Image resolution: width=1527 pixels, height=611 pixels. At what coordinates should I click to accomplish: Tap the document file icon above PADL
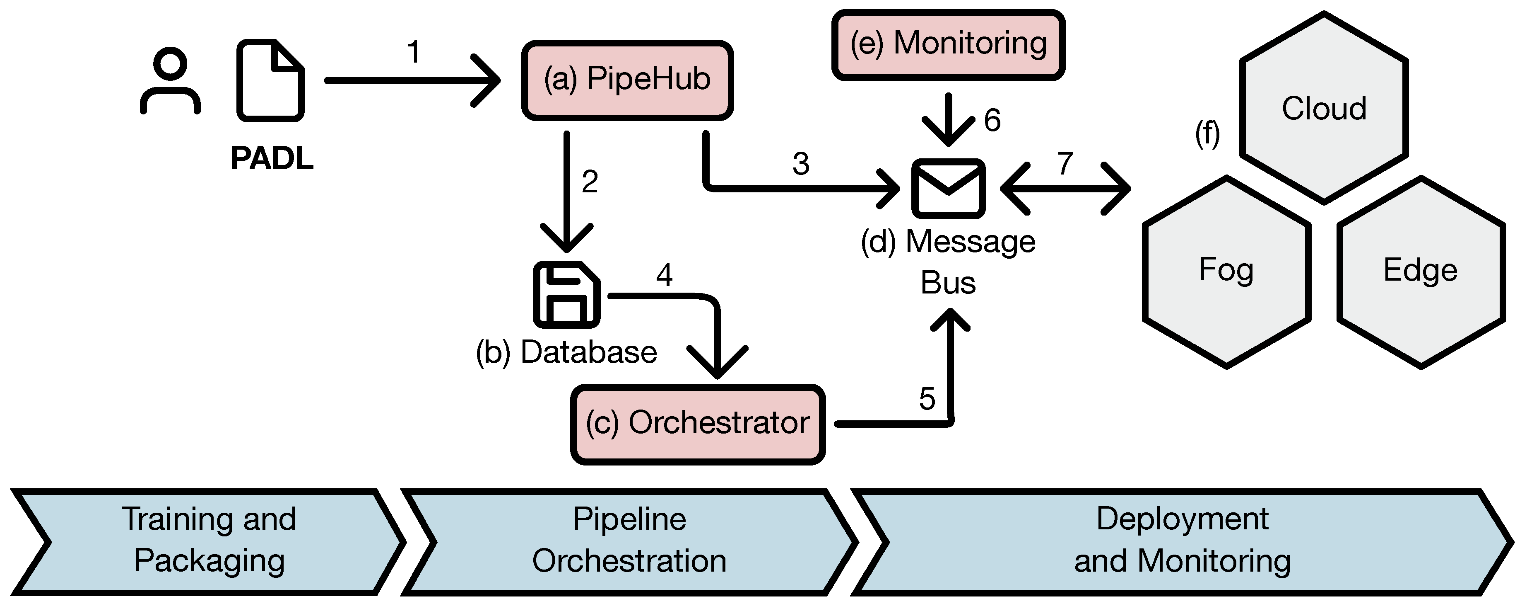[x=270, y=81]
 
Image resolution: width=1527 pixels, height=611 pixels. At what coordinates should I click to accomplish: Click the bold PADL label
[x=272, y=158]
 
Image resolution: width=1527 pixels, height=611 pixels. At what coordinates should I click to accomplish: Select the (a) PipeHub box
[x=627, y=80]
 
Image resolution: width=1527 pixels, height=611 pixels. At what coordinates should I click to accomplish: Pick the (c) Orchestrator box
[x=698, y=424]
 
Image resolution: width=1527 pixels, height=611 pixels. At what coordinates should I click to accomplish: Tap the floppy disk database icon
[x=566, y=294]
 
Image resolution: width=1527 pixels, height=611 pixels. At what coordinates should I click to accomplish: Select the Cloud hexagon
[x=1324, y=109]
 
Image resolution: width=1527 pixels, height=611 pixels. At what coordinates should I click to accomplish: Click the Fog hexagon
[x=1226, y=271]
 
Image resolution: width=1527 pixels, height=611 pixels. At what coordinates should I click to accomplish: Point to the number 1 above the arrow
[x=414, y=52]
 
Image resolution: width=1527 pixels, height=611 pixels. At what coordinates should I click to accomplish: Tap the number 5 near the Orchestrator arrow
[x=927, y=399]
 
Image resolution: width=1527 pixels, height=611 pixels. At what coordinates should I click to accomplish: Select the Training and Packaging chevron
[x=209, y=541]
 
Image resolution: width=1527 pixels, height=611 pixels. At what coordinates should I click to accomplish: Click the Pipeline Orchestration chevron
[x=629, y=541]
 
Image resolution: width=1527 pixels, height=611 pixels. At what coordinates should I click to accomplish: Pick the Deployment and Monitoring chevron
[x=1182, y=541]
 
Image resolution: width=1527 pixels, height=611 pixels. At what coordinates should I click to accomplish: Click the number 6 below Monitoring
[x=992, y=121]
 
